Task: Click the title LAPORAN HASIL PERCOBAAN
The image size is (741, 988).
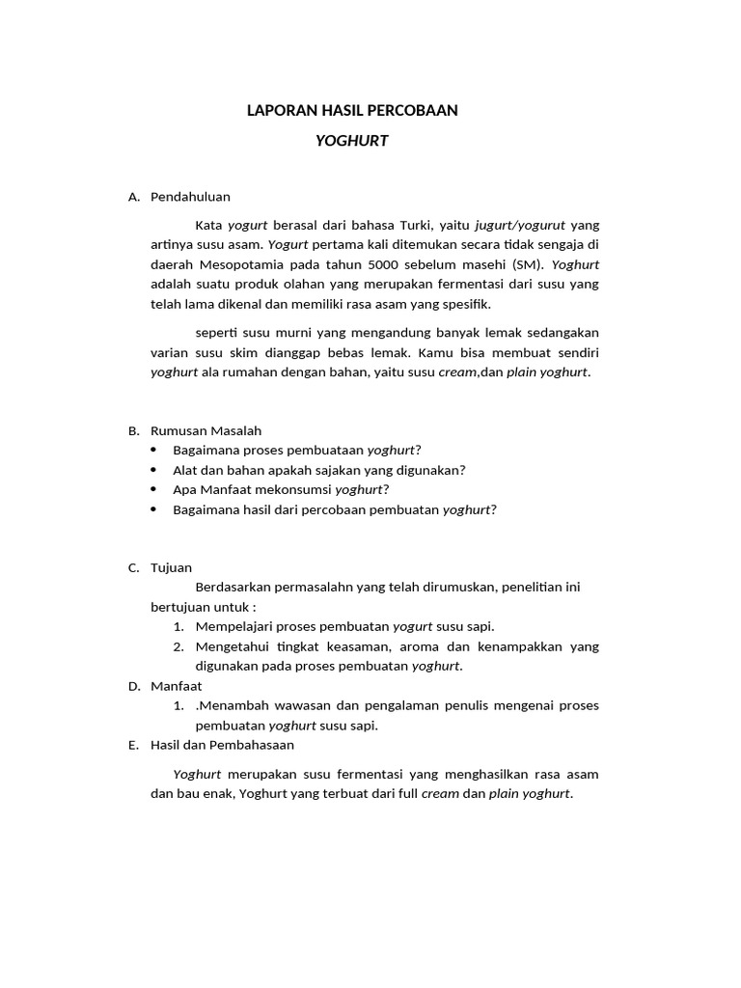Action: [x=352, y=111]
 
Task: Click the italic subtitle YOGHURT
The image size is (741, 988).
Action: [x=352, y=141]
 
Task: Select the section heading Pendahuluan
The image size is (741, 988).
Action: [x=190, y=197]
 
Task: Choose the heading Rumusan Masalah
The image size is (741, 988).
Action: [x=206, y=430]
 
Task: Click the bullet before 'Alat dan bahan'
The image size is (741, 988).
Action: [x=155, y=470]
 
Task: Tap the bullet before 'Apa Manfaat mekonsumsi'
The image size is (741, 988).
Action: [x=155, y=489]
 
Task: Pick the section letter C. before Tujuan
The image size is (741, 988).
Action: [x=134, y=568]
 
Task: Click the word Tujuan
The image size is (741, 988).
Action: [x=171, y=568]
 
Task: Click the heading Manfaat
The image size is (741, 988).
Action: [x=176, y=686]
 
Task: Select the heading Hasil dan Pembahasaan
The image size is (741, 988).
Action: [x=222, y=745]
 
